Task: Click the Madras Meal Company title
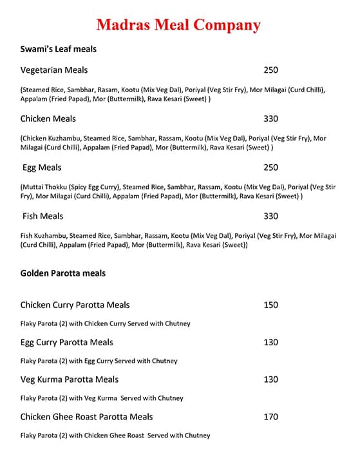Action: (178, 25)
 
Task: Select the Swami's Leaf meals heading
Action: (59, 49)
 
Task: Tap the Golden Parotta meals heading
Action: (63, 273)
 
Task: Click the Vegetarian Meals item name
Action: (54, 70)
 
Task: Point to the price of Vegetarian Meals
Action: (270, 70)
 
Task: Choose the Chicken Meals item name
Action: (48, 119)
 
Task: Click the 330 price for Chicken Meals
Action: (270, 119)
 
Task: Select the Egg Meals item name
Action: (42, 168)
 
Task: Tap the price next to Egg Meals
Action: (270, 168)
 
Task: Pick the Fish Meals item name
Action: (43, 216)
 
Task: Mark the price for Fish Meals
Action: (270, 216)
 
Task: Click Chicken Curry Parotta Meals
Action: (75, 305)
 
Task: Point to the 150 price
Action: (270, 305)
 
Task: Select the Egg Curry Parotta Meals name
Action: (66, 342)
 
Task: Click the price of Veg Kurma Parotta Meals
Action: (270, 379)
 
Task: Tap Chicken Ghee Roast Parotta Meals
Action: (86, 417)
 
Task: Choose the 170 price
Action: (270, 417)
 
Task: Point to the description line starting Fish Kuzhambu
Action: (178, 236)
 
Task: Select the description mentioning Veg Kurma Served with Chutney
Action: (102, 398)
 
